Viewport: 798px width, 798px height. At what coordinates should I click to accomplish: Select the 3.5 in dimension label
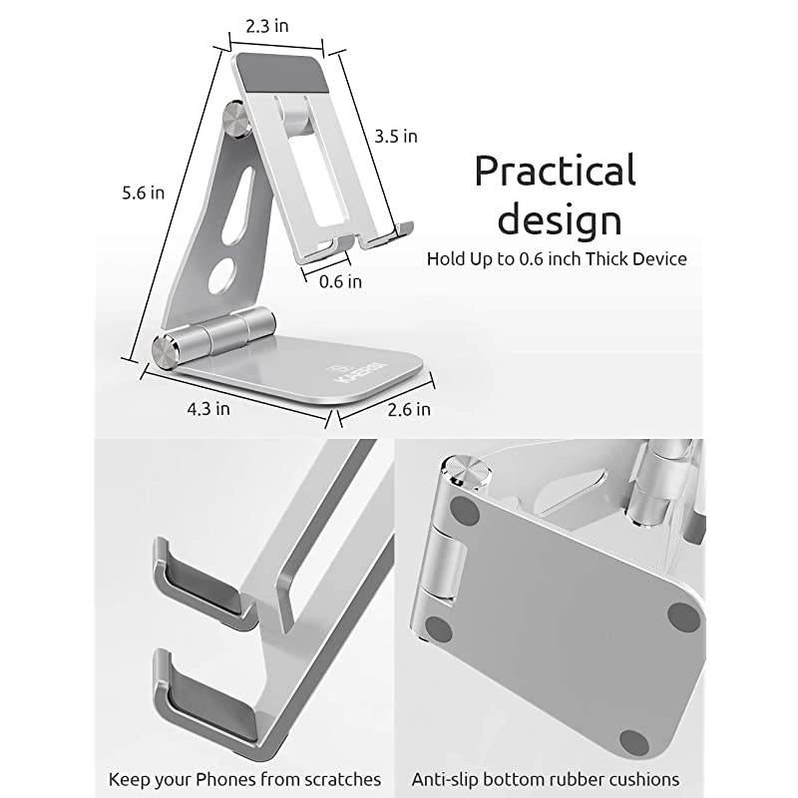click(396, 136)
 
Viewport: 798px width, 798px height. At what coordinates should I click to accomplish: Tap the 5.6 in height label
click(144, 193)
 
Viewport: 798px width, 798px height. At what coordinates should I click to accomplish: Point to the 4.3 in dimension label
click(209, 407)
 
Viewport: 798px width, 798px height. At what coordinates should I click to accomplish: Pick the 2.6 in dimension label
click(410, 408)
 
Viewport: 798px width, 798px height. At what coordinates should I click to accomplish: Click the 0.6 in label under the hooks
click(340, 281)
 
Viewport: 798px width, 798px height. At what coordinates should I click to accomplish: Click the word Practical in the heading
click(555, 171)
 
